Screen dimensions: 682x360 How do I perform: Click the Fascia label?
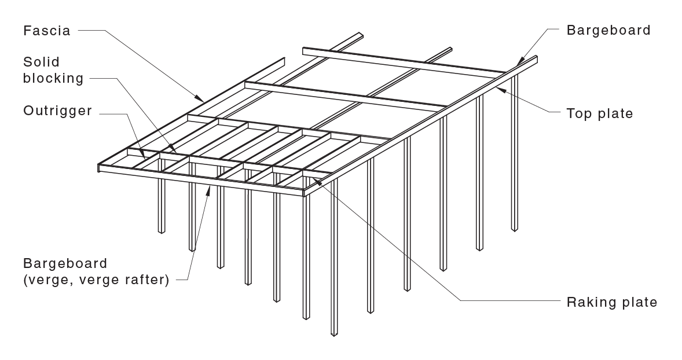[x=46, y=31]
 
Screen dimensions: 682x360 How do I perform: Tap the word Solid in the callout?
[x=41, y=62]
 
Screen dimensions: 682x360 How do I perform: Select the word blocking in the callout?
[x=53, y=78]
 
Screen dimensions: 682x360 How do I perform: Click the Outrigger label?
[x=57, y=111]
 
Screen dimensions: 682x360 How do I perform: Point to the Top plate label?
[x=600, y=114]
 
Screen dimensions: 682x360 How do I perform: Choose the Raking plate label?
[x=612, y=302]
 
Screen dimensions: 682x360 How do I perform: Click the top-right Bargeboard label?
[x=608, y=30]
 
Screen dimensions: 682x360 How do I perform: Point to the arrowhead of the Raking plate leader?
[x=316, y=181]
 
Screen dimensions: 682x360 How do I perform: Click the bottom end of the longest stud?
[x=333, y=334]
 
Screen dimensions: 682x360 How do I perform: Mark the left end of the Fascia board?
[x=99, y=167]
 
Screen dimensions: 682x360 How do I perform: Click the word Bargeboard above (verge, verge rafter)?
[x=65, y=263]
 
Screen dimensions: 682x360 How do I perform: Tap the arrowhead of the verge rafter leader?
[x=209, y=188]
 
